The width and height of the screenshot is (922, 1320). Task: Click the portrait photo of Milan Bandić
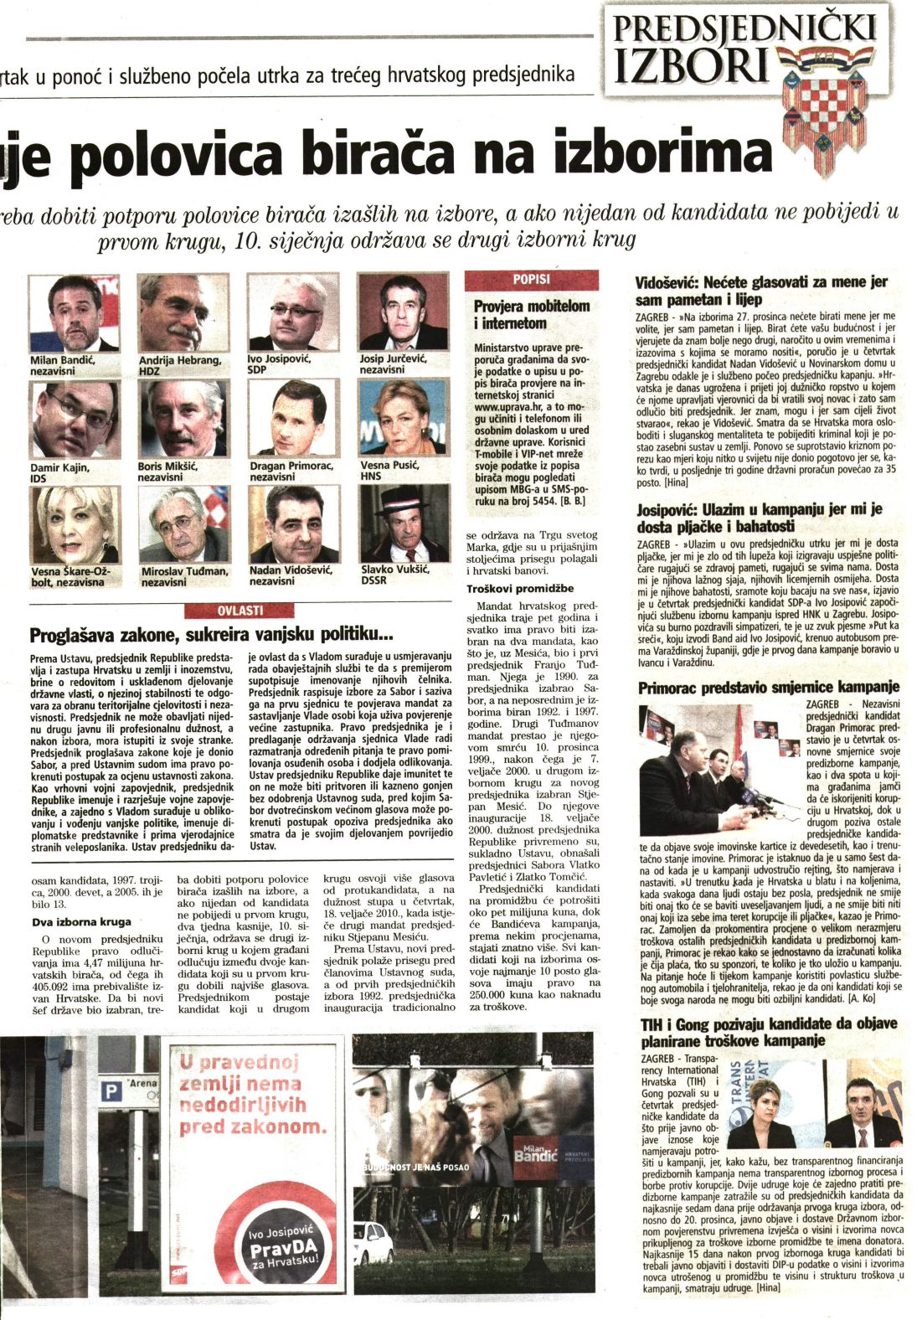[75, 312]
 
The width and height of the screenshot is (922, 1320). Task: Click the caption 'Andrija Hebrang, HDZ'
[179, 365]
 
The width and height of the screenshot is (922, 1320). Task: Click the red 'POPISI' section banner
[531, 280]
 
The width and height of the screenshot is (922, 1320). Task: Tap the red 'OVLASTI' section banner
[240, 611]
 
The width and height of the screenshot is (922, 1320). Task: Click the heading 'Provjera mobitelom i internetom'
[531, 315]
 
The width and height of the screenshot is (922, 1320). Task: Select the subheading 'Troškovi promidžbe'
[519, 588]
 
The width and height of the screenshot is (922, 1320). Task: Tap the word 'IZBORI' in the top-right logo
[692, 66]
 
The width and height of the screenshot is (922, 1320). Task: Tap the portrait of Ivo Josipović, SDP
[292, 312]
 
